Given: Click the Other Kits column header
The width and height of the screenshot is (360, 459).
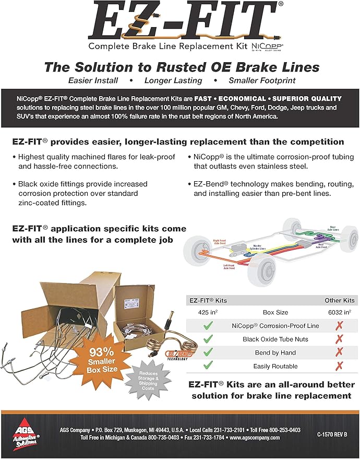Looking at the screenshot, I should [339, 300].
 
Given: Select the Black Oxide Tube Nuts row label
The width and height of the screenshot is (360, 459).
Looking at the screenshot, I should [274, 339].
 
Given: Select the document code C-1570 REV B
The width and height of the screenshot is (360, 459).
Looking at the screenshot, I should [332, 434].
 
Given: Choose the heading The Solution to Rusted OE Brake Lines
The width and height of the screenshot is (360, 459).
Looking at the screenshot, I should [182, 67].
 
